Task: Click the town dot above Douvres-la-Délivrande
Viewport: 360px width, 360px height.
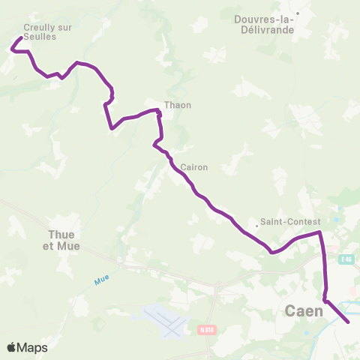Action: tap(298, 13)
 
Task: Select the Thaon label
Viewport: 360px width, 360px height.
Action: tap(178, 105)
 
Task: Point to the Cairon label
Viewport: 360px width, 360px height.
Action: tap(194, 167)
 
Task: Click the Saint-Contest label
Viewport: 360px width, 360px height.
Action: tap(291, 222)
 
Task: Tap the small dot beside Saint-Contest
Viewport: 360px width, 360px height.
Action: tap(257, 223)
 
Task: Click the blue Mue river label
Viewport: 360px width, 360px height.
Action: tap(102, 280)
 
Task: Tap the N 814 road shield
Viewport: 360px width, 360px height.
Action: tap(207, 329)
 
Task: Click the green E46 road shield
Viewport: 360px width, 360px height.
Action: tap(345, 259)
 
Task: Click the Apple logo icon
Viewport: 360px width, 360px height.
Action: tap(11, 347)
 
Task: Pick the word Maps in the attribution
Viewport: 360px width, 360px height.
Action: tap(32, 347)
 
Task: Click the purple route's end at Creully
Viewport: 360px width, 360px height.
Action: tap(19, 37)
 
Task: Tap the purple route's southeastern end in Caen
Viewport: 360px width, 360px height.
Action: tap(349, 322)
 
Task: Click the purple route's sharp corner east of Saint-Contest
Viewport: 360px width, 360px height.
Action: tap(320, 232)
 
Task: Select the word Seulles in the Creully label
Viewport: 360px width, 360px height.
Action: tap(40, 37)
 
